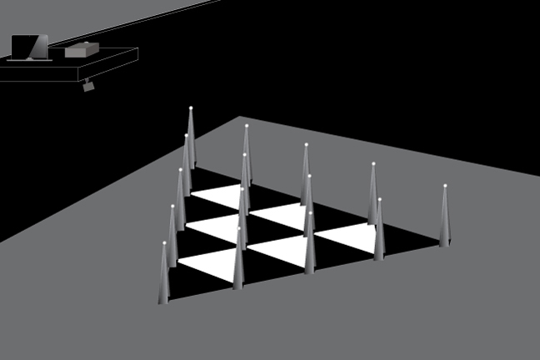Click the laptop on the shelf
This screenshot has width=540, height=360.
click(x=28, y=47)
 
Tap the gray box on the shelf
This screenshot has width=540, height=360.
click(x=82, y=50)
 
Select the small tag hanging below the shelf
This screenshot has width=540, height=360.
click(x=88, y=86)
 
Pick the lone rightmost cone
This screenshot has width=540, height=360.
click(x=444, y=221)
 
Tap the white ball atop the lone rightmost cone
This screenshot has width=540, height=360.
click(x=445, y=186)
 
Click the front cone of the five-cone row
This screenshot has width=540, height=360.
click(x=164, y=279)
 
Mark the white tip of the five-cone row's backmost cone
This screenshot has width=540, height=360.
click(x=191, y=108)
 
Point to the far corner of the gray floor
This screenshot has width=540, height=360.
click(x=240, y=117)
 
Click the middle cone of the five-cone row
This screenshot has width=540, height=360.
click(x=180, y=204)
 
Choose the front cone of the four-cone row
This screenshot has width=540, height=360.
click(x=238, y=262)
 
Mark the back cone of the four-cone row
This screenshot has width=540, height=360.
click(x=247, y=158)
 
